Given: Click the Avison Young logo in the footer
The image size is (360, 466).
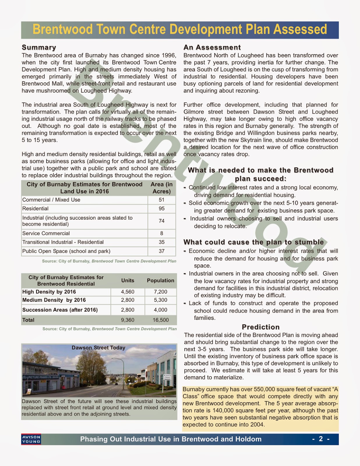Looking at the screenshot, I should click(x=31, y=439).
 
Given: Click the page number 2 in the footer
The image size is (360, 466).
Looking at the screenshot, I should click(x=321, y=439).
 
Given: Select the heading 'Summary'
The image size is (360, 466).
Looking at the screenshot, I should click(x=39, y=47).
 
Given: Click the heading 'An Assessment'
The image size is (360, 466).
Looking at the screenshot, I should click(x=212, y=47).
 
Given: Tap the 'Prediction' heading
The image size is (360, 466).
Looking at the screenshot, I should click(x=261, y=327).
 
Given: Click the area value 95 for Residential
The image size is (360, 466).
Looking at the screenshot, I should click(x=162, y=209).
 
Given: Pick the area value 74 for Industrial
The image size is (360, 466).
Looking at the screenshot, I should click(x=162, y=221).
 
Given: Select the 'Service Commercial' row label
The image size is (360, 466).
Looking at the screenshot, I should click(x=46, y=233).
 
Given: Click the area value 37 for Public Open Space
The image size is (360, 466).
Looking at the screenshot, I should click(x=162, y=251).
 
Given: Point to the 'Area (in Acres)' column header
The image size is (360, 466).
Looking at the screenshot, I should click(x=162, y=188).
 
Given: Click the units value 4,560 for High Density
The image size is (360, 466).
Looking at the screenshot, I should click(x=128, y=292).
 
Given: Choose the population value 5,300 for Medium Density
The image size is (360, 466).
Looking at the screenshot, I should click(x=160, y=300).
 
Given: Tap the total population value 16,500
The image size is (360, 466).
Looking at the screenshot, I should click(x=160, y=320).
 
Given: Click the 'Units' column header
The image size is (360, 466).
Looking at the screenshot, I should click(x=128, y=280).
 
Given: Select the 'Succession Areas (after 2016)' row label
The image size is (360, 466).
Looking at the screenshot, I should click(x=60, y=310).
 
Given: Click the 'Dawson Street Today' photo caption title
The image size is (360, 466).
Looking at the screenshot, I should click(x=98, y=348).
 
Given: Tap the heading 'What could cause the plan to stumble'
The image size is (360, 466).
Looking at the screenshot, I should click(x=253, y=242).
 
